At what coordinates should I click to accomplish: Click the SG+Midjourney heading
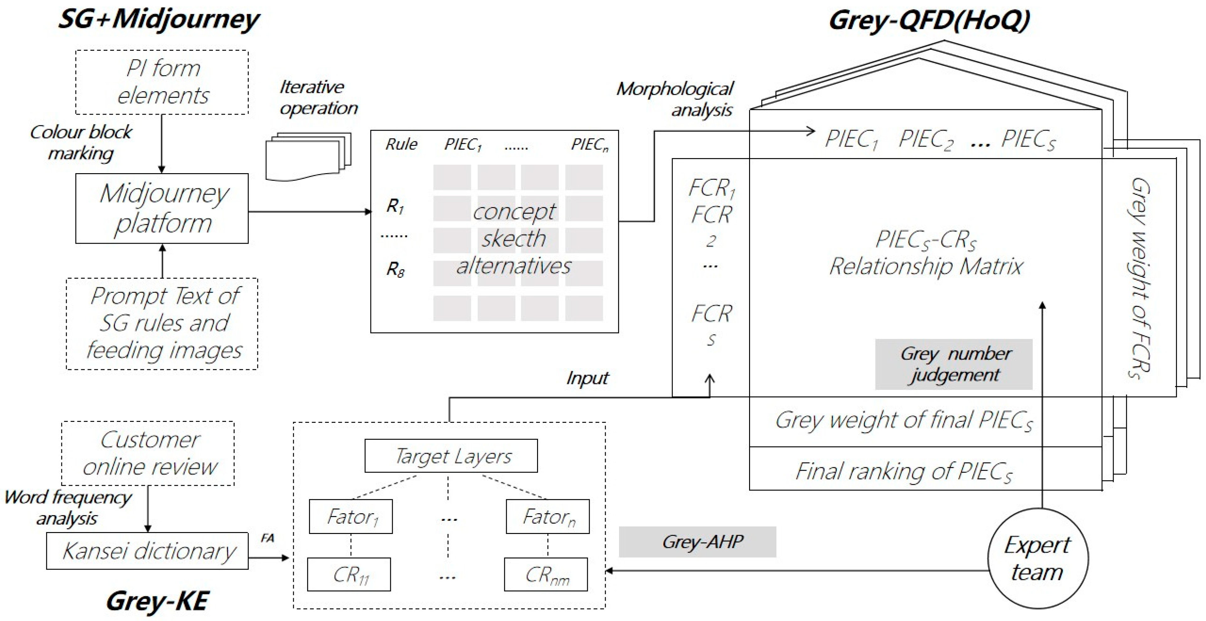[158, 20]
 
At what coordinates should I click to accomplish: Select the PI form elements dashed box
[162, 82]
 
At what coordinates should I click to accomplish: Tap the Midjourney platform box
[162, 208]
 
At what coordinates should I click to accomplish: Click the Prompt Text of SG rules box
[162, 323]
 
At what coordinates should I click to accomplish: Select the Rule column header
[401, 144]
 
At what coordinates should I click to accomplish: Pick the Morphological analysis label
[675, 99]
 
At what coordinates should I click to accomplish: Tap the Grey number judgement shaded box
[954, 364]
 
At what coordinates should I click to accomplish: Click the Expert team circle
[1038, 558]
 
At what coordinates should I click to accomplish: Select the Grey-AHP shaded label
[697, 542]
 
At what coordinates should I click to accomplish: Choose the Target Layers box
[451, 456]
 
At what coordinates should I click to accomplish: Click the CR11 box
[349, 575]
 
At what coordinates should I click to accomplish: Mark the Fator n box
[547, 517]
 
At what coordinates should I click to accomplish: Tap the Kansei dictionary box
[148, 551]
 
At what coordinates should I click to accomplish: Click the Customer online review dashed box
[148, 453]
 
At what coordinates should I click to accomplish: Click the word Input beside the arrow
[587, 377]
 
